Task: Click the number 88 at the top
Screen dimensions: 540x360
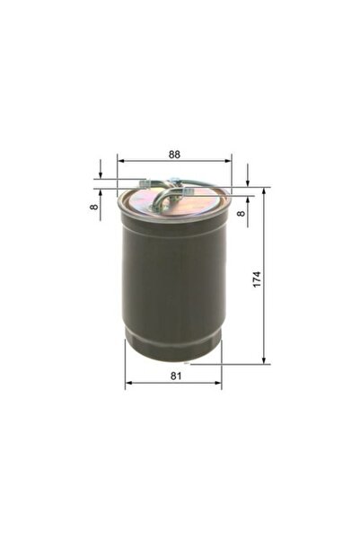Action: coord(174,152)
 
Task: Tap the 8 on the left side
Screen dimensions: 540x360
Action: coord(92,206)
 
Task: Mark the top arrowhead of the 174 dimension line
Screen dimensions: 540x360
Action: coord(264,190)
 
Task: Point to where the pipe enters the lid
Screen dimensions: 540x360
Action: coord(156,207)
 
